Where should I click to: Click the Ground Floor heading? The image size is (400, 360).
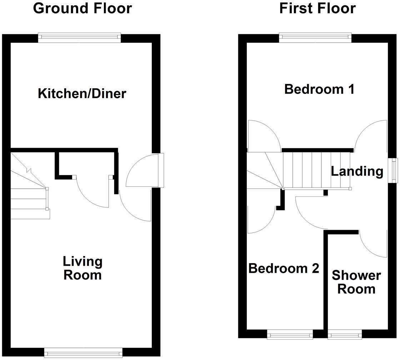(x=82, y=8)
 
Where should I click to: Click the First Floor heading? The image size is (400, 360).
(x=317, y=8)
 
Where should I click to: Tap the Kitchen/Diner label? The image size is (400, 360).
(x=82, y=94)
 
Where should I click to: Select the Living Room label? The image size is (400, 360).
(x=82, y=268)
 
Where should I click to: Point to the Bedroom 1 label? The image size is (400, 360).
(x=319, y=89)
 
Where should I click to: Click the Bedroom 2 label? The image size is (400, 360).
(x=284, y=268)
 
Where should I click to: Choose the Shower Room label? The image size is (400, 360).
(x=356, y=282)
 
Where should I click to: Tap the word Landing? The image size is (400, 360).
(x=357, y=171)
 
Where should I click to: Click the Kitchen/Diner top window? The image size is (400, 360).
(x=80, y=37)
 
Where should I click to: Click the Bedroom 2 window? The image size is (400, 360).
(x=290, y=335)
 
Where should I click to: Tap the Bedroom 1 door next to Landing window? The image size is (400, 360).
(x=371, y=136)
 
